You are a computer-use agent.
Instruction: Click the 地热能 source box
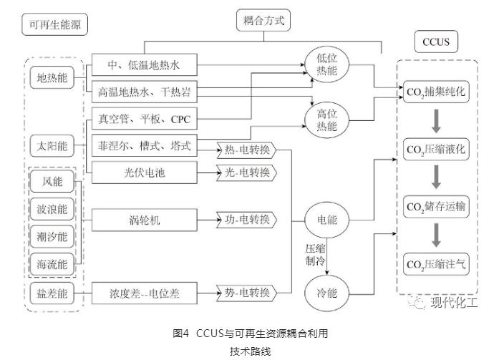[x=53, y=78]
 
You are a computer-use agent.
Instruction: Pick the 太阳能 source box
[x=53, y=146]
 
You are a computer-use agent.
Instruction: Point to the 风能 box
[x=53, y=182]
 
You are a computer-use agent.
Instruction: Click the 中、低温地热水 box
[x=144, y=67]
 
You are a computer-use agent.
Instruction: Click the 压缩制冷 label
[x=311, y=256]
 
